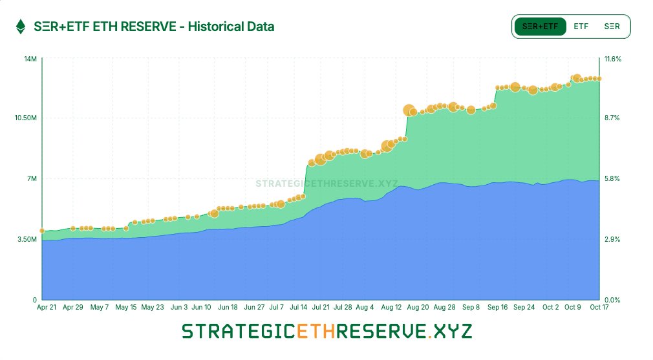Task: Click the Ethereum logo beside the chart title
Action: [21, 26]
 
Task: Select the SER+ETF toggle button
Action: [540, 26]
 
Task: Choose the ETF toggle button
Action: [581, 26]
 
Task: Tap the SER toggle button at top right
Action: [612, 26]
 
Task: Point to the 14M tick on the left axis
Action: [30, 59]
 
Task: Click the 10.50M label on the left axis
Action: [26, 118]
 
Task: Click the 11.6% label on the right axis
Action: [613, 59]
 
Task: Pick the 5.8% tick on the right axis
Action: [612, 178]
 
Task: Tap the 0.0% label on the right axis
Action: [612, 300]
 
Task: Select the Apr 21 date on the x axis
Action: [48, 308]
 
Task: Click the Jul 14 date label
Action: [298, 308]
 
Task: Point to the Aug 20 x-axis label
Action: [418, 308]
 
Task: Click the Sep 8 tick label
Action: [471, 308]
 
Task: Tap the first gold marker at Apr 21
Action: [42, 231]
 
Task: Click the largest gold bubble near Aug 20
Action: [409, 111]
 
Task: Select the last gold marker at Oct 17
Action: [600, 78]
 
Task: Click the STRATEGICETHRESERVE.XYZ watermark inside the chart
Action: [326, 184]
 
